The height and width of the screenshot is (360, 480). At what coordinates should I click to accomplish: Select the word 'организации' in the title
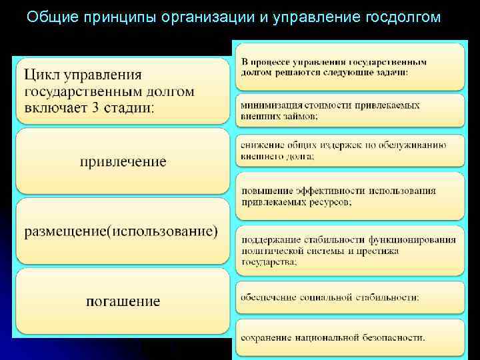[x=213, y=16]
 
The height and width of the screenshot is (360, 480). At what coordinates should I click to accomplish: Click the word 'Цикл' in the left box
[x=44, y=75]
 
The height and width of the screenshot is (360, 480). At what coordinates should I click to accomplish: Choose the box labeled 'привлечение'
[x=123, y=162]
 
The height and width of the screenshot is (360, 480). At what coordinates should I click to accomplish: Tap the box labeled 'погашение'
[x=123, y=301]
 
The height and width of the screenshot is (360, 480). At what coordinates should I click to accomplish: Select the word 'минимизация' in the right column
[x=270, y=105]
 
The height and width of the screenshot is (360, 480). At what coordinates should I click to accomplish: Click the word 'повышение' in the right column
[x=265, y=191]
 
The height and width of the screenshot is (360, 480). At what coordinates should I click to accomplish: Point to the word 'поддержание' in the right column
[x=269, y=240]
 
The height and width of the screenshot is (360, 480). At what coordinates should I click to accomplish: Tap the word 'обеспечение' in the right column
[x=269, y=297]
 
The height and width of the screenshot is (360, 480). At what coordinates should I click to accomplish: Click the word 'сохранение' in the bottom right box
[x=267, y=337]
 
